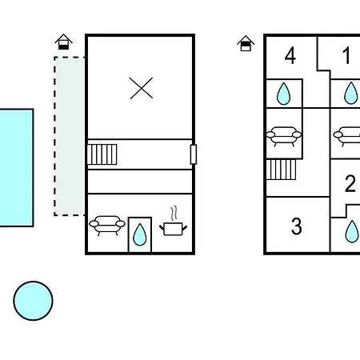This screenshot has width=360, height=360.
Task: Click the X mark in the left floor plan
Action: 142,88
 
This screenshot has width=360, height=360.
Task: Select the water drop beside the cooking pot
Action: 140,234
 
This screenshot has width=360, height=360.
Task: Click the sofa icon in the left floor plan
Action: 107,226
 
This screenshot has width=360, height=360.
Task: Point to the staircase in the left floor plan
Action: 102,154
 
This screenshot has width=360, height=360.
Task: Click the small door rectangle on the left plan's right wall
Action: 194,154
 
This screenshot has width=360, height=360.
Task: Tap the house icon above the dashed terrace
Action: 63,42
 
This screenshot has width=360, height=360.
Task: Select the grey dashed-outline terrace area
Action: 70,136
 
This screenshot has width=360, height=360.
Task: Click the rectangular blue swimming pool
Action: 17,167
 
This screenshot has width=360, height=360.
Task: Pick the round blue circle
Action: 33,301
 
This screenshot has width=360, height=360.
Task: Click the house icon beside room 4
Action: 246,43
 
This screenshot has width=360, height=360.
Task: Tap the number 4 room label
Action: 290,56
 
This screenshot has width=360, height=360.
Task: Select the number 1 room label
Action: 346,55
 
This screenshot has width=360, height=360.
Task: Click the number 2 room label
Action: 350,183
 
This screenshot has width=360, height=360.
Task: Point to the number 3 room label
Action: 297,226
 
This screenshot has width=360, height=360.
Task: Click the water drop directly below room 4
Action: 283,94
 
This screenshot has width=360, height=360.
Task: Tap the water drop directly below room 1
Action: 350,93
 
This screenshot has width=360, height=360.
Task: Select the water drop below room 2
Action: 352,231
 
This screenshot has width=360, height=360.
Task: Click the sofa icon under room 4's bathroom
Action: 284,136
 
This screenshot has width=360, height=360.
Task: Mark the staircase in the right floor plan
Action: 281,170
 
